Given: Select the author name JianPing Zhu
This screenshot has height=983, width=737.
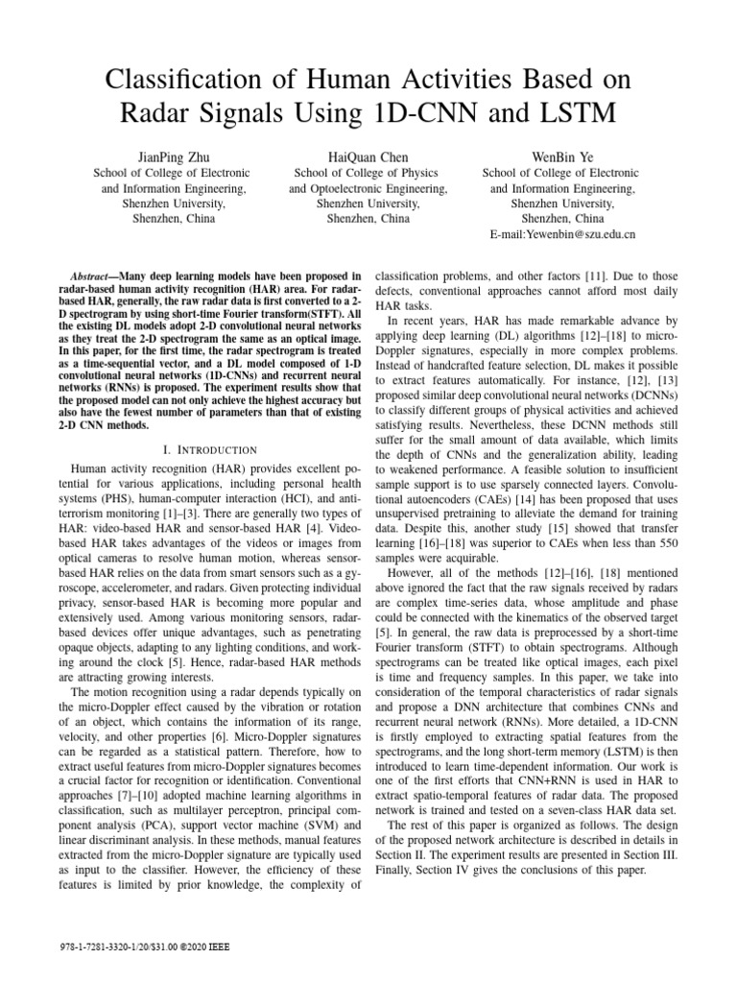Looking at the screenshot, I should click(171, 156).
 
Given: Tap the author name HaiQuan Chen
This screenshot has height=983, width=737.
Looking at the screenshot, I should click(368, 156).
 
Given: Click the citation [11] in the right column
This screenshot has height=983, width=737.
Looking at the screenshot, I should click(589, 274).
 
